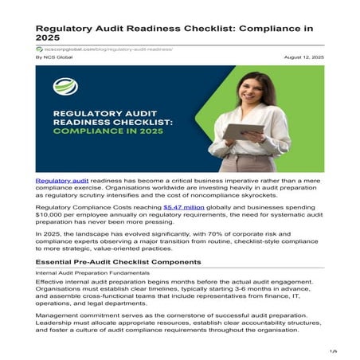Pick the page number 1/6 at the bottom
tap(333, 350)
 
